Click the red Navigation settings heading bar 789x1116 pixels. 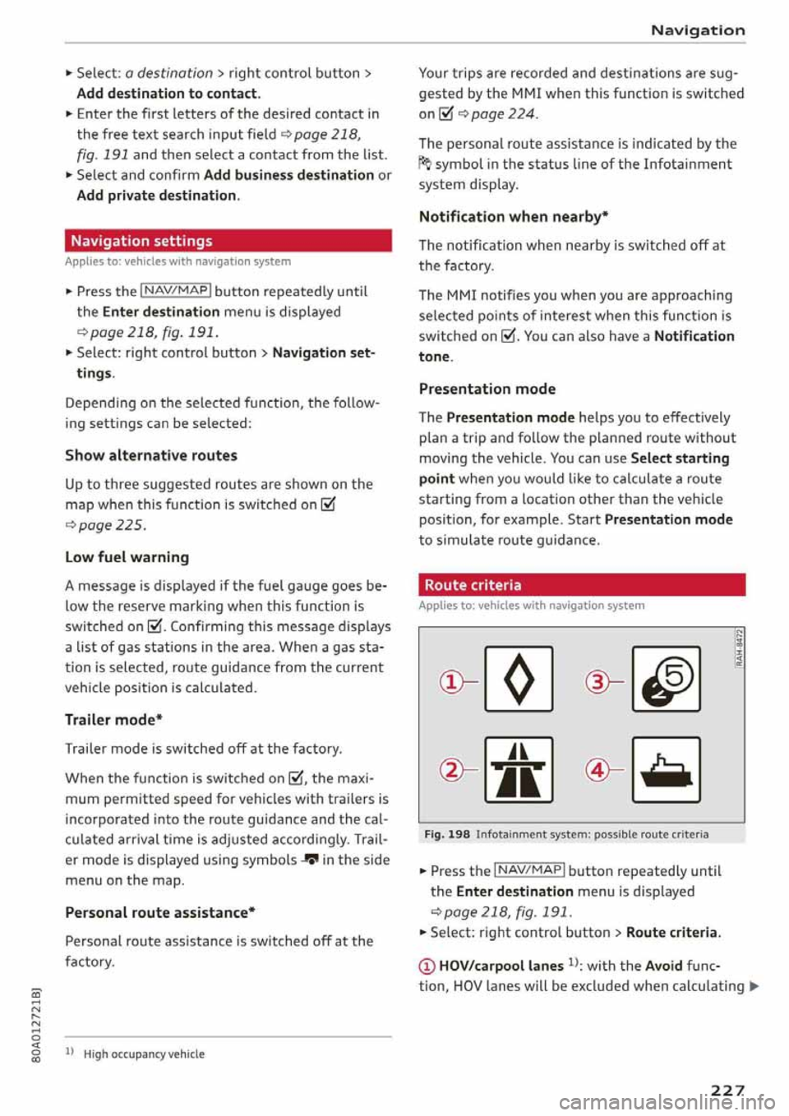[x=228, y=241]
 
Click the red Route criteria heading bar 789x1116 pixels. [x=581, y=585]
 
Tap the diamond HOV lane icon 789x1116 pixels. [x=519, y=680]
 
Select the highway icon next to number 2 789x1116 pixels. [x=519, y=770]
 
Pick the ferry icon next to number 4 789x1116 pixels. [x=666, y=770]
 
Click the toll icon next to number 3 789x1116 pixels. [x=666, y=680]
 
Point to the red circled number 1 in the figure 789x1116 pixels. [x=451, y=682]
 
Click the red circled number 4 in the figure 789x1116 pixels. [x=597, y=770]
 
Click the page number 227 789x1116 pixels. [x=727, y=1090]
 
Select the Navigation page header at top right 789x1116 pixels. [x=697, y=30]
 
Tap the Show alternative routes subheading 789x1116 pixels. [x=151, y=455]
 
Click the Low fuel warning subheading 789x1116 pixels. [x=127, y=557]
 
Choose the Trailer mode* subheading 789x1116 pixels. [x=114, y=720]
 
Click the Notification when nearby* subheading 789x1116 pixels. [x=514, y=217]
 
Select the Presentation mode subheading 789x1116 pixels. [x=487, y=389]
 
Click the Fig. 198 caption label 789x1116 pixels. [x=447, y=834]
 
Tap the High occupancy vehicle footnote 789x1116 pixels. [x=144, y=1054]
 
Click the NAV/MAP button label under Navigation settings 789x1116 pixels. [x=176, y=291]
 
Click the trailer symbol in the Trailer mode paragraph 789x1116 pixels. [x=310, y=860]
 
